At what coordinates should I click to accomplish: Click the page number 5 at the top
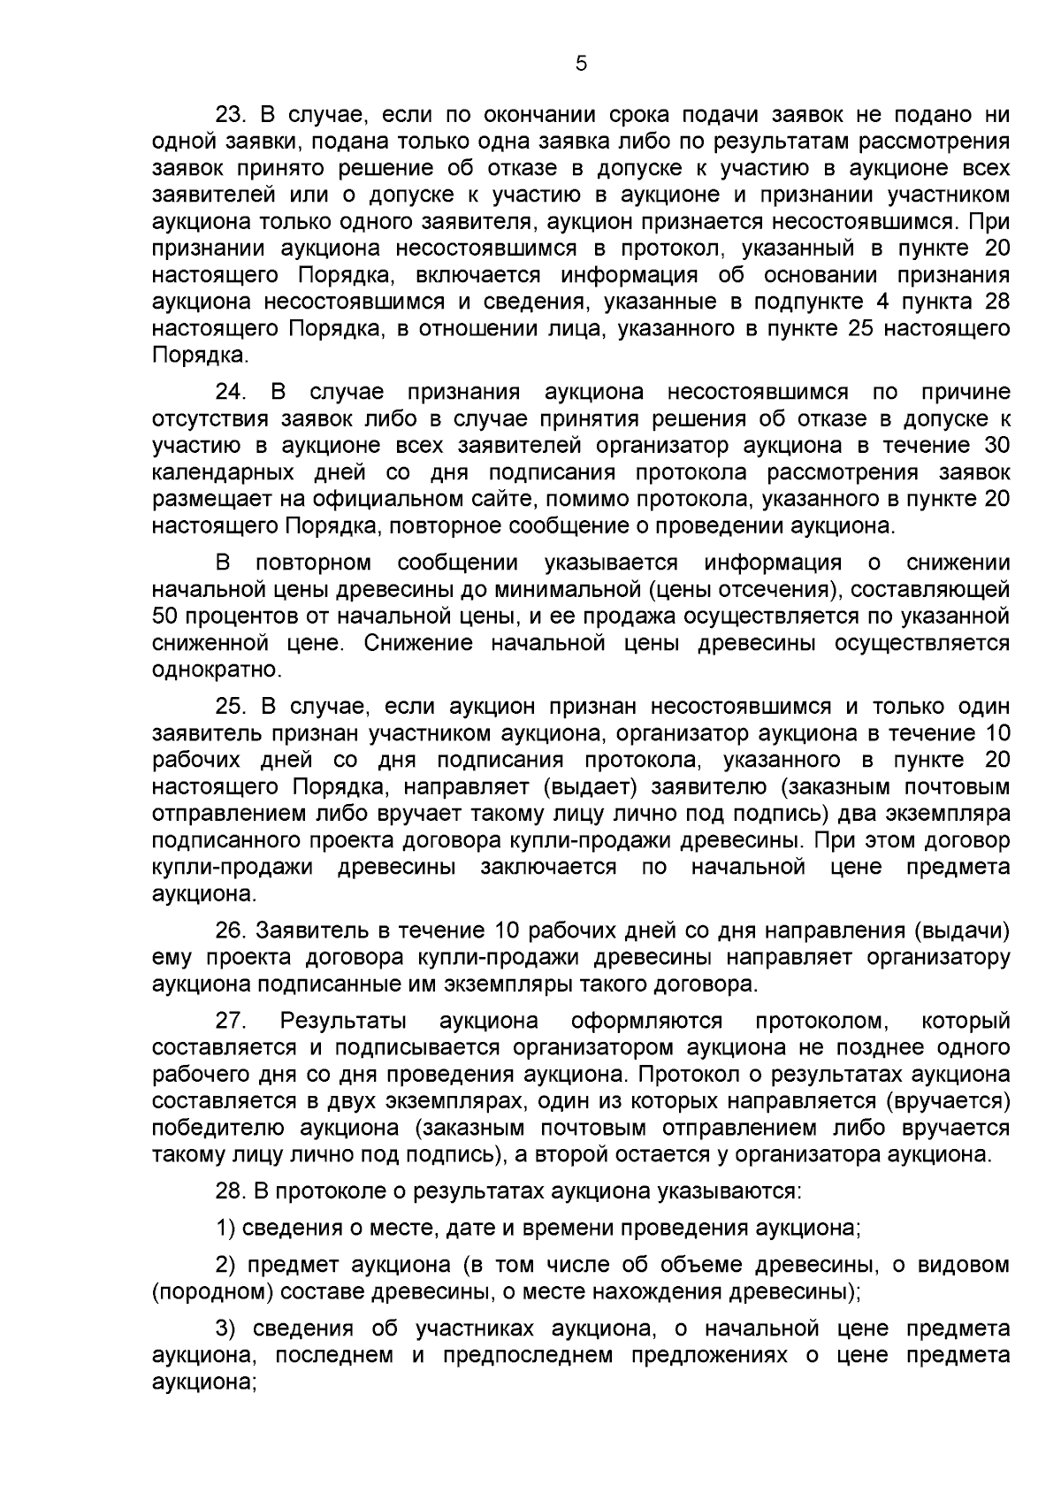(x=581, y=64)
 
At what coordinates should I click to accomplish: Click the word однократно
(x=204, y=670)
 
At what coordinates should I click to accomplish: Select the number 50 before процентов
(x=165, y=616)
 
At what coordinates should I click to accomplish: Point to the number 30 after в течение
(x=996, y=446)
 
